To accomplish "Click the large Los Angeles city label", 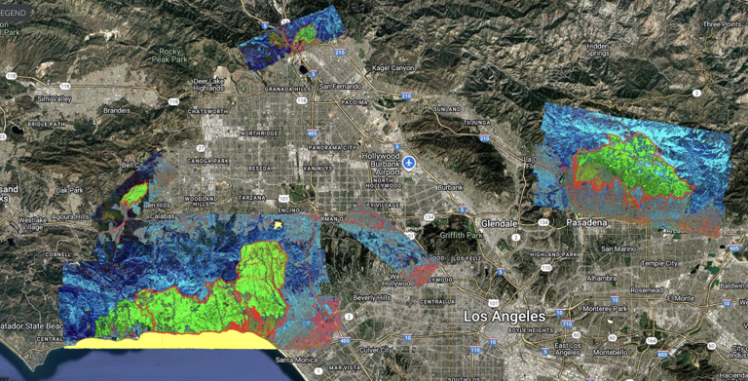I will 505,317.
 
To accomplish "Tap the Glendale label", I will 498,222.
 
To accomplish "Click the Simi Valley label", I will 56,99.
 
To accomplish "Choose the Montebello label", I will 611,352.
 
